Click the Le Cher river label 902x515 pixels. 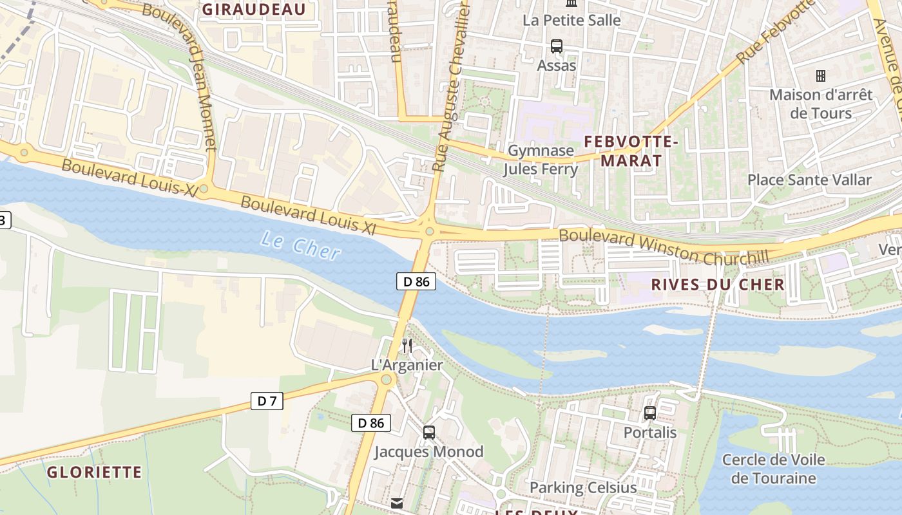point(300,247)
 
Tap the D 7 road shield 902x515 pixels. point(267,401)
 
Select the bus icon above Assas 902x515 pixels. point(557,46)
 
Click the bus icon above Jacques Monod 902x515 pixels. point(429,433)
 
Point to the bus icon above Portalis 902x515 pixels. point(650,413)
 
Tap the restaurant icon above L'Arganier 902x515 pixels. point(407,346)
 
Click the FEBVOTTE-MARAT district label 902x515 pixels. point(631,151)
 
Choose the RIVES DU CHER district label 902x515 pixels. point(718,285)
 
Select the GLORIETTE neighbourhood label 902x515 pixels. point(94,473)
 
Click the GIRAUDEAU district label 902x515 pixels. point(254,9)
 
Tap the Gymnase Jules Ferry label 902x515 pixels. point(541,160)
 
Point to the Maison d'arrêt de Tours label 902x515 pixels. point(821,104)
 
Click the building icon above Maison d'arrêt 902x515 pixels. point(821,76)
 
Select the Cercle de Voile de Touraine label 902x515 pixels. point(773,469)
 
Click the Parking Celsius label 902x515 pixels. point(583,487)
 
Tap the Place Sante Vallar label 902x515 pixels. point(809,180)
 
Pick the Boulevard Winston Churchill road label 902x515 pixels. point(664,247)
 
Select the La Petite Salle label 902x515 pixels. point(571,20)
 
